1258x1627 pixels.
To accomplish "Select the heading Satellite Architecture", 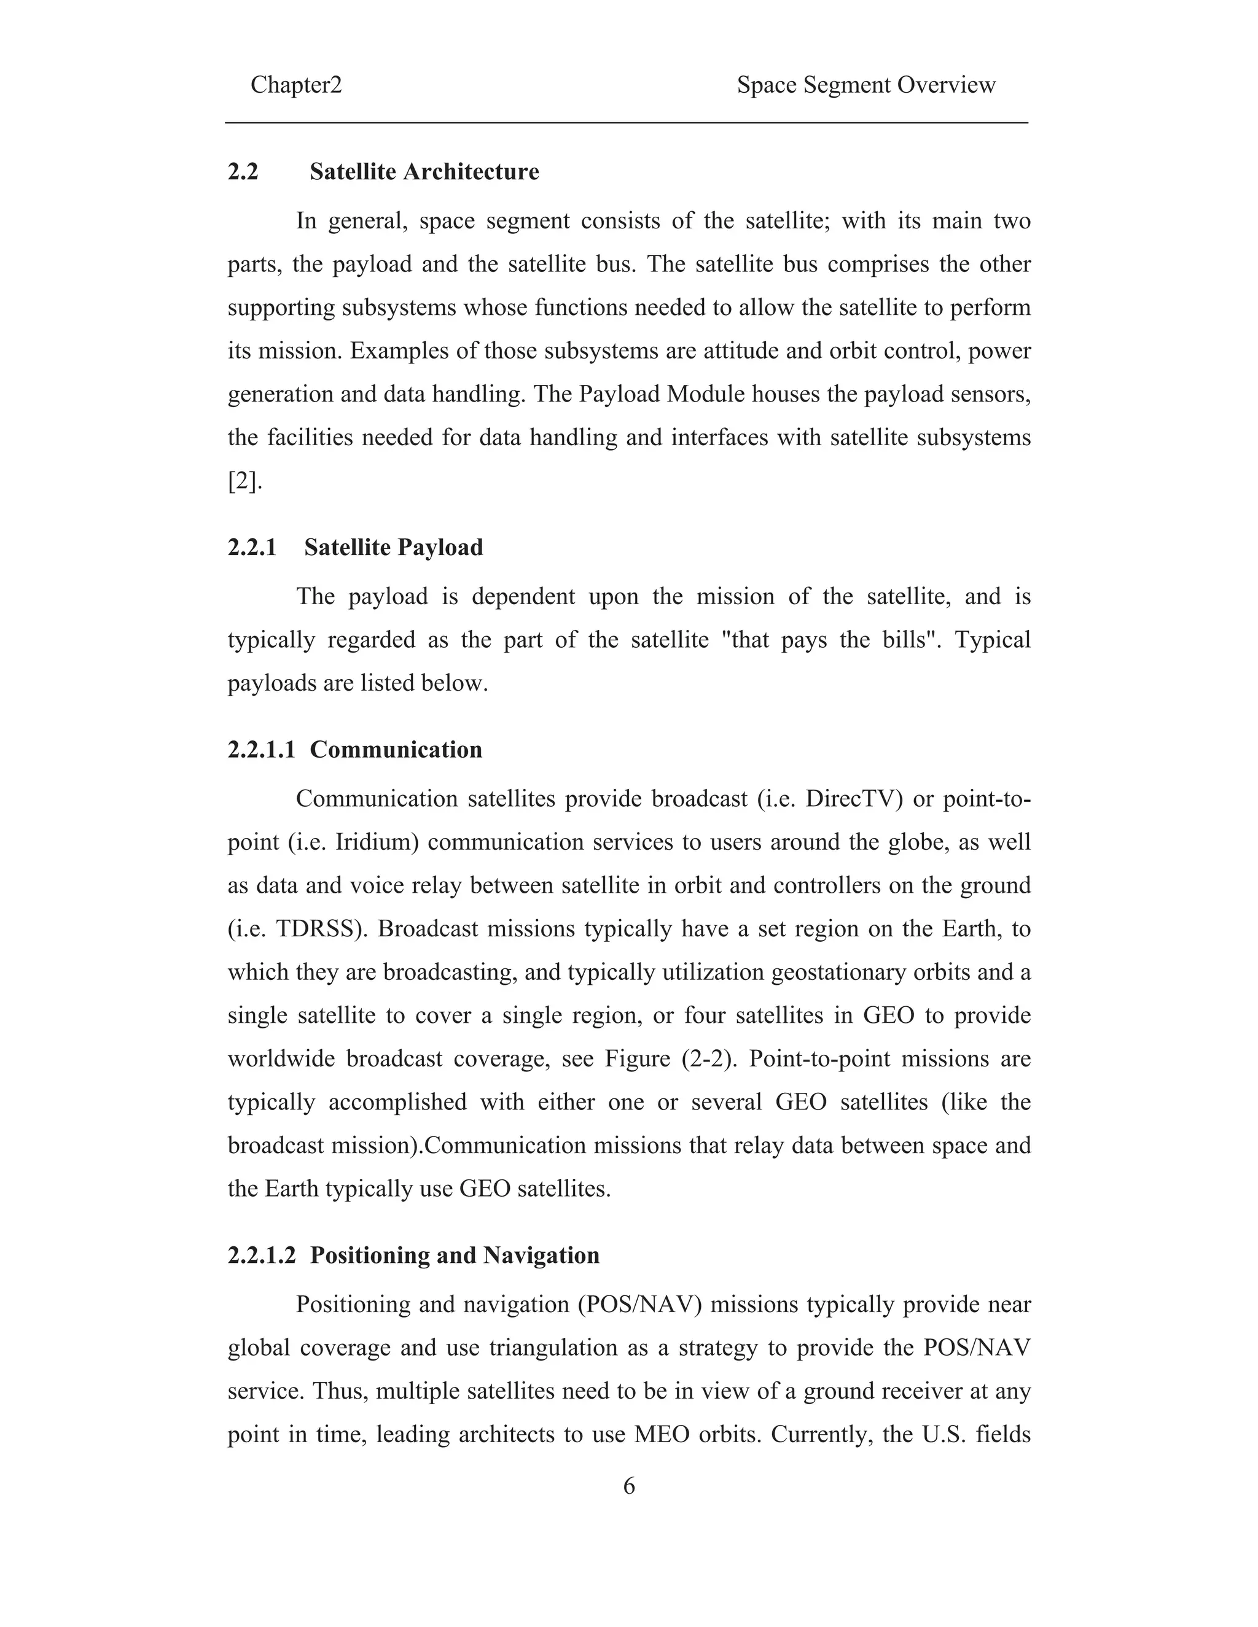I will (x=424, y=172).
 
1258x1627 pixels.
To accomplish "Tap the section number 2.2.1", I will (x=252, y=548).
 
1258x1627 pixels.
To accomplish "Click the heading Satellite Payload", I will (x=394, y=548).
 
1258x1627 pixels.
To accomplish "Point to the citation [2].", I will (x=244, y=481).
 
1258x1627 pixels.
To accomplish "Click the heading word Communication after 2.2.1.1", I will (x=396, y=750).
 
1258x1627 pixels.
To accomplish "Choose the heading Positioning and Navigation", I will (x=455, y=1256).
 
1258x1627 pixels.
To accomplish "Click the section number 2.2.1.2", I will (x=262, y=1256).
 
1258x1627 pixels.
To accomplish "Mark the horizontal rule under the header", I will (x=627, y=123).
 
